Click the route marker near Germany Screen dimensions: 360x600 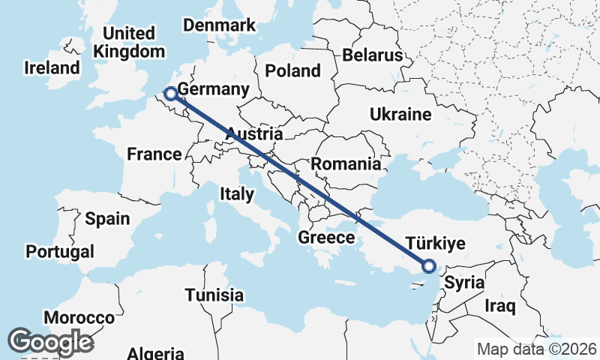(170, 94)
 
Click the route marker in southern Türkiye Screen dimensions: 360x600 (428, 265)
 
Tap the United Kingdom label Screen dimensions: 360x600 (129, 43)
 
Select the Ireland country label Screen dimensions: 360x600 (52, 67)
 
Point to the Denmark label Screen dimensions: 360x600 (220, 25)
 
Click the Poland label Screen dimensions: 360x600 (292, 71)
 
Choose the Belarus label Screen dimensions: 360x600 (373, 55)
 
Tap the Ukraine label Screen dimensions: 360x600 (400, 115)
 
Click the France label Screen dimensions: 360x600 (154, 154)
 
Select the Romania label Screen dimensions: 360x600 (346, 163)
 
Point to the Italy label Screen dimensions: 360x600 (236, 193)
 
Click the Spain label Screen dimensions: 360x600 (107, 219)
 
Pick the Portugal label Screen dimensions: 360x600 (59, 251)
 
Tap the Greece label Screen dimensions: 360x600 (326, 238)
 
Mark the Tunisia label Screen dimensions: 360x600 (214, 295)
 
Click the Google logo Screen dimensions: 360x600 (50, 341)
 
